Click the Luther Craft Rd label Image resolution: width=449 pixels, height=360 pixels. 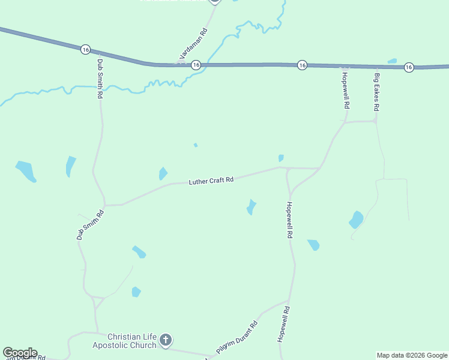pos(211,181)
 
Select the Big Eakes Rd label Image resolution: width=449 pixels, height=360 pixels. pos(377,92)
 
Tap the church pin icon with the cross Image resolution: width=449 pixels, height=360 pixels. pos(166,341)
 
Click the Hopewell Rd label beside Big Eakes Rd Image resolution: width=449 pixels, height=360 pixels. pos(346,89)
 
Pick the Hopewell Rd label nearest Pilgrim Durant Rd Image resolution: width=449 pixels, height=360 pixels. pos(284,325)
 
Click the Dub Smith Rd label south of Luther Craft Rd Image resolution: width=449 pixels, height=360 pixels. pos(91,224)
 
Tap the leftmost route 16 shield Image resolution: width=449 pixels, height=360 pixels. pos(86,49)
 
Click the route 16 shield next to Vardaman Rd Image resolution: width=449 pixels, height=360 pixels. pos(196,65)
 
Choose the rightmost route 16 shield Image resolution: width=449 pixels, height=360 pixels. pos(409,67)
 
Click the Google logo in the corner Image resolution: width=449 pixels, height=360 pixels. pos(20,353)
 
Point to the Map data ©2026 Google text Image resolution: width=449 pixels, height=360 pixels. pos(412,355)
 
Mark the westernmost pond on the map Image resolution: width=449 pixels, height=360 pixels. pos(26,170)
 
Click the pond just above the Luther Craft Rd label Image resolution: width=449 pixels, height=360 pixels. pos(163,174)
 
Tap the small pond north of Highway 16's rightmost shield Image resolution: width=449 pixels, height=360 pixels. pos(392,61)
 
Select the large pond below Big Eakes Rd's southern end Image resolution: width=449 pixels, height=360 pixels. pos(356,220)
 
